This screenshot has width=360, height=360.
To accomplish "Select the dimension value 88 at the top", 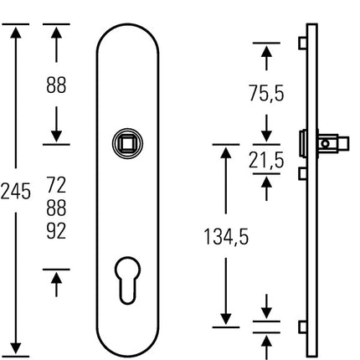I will click(56, 85).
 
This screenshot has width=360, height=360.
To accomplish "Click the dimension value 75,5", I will click(266, 94).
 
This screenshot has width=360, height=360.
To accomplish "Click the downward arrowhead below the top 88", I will click(56, 133).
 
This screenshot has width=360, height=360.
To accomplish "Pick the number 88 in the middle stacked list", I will click(56, 206).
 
